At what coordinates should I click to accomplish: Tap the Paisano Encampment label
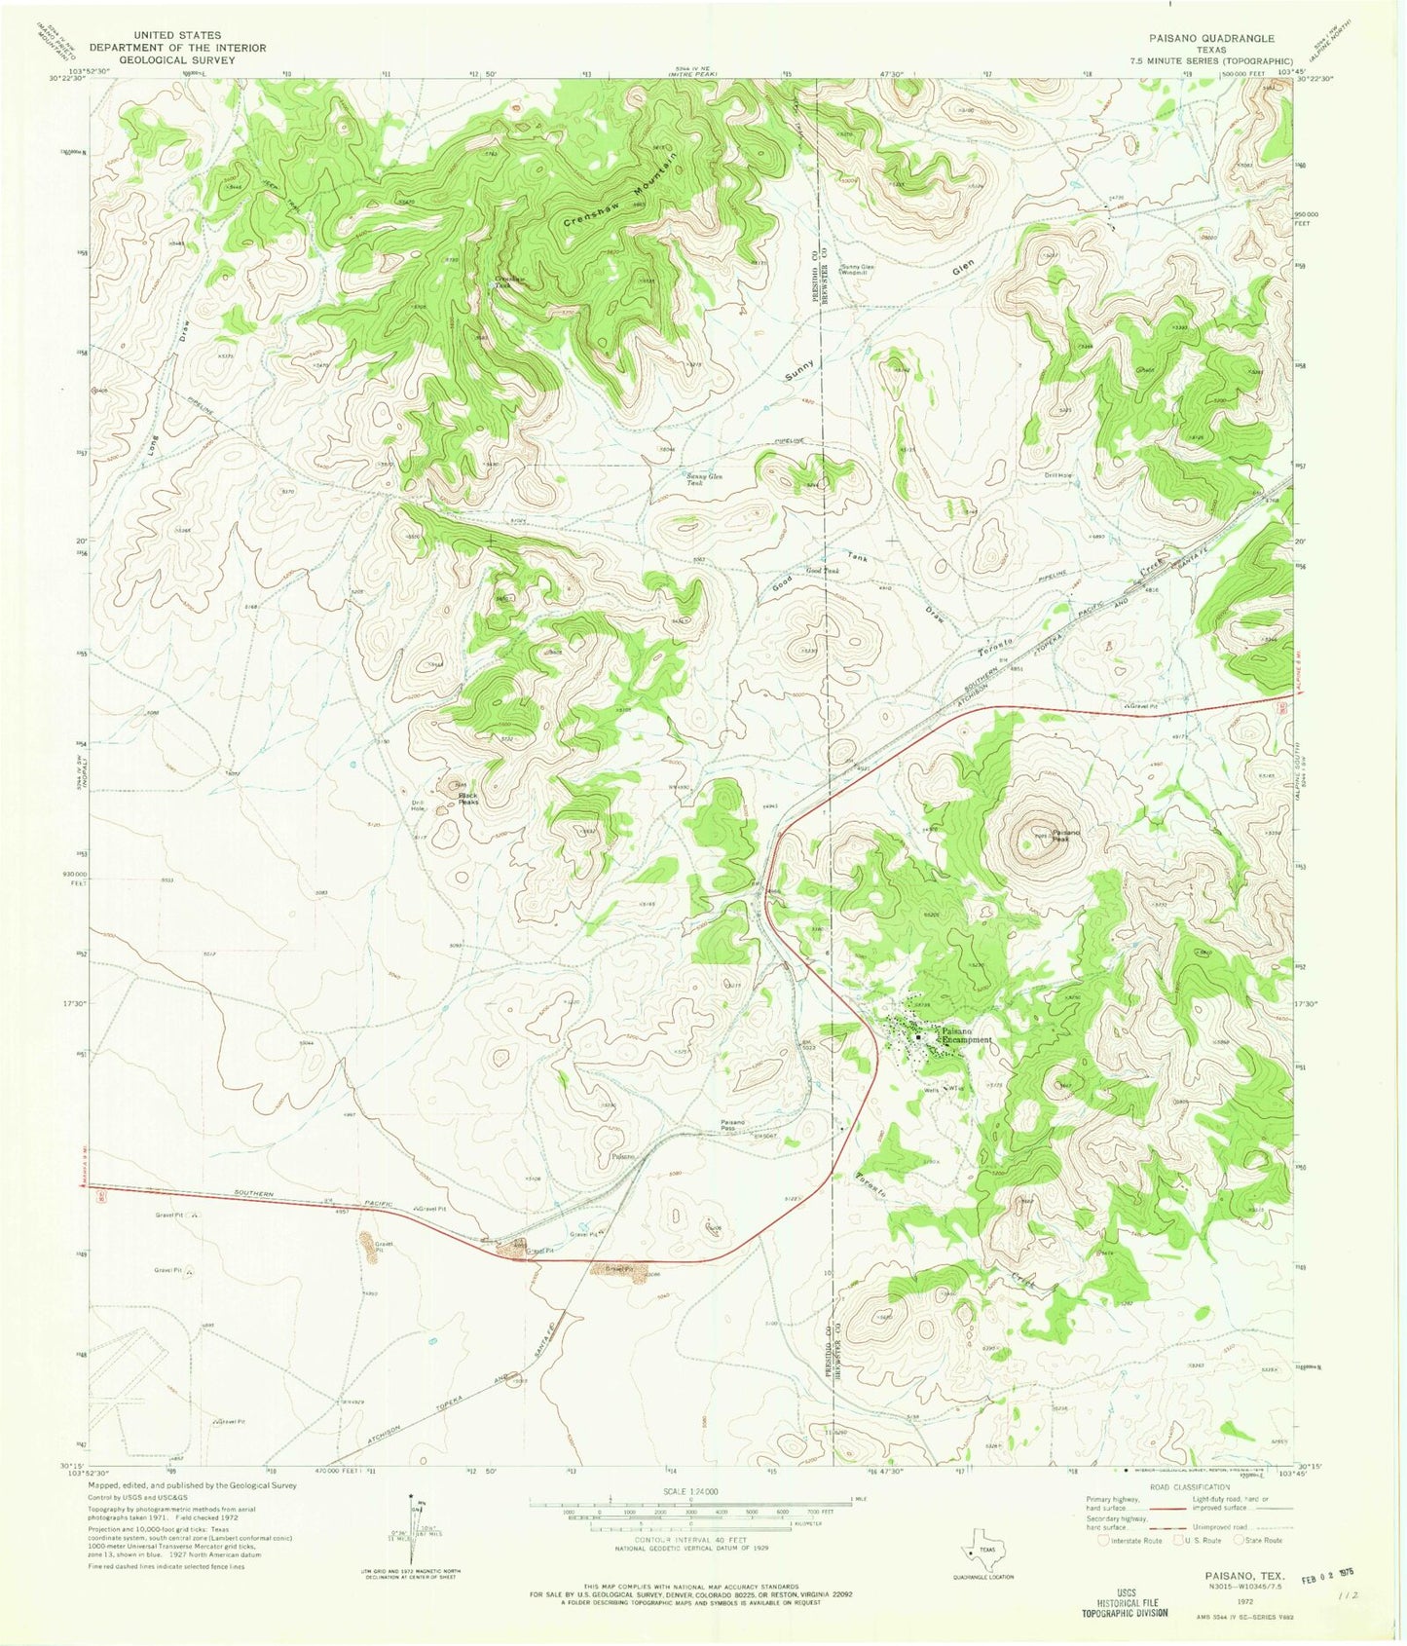[964, 1036]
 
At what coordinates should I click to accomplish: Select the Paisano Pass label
[732, 1125]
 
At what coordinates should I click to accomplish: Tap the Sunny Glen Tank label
[704, 478]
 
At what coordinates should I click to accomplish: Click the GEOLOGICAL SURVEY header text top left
[163, 59]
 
